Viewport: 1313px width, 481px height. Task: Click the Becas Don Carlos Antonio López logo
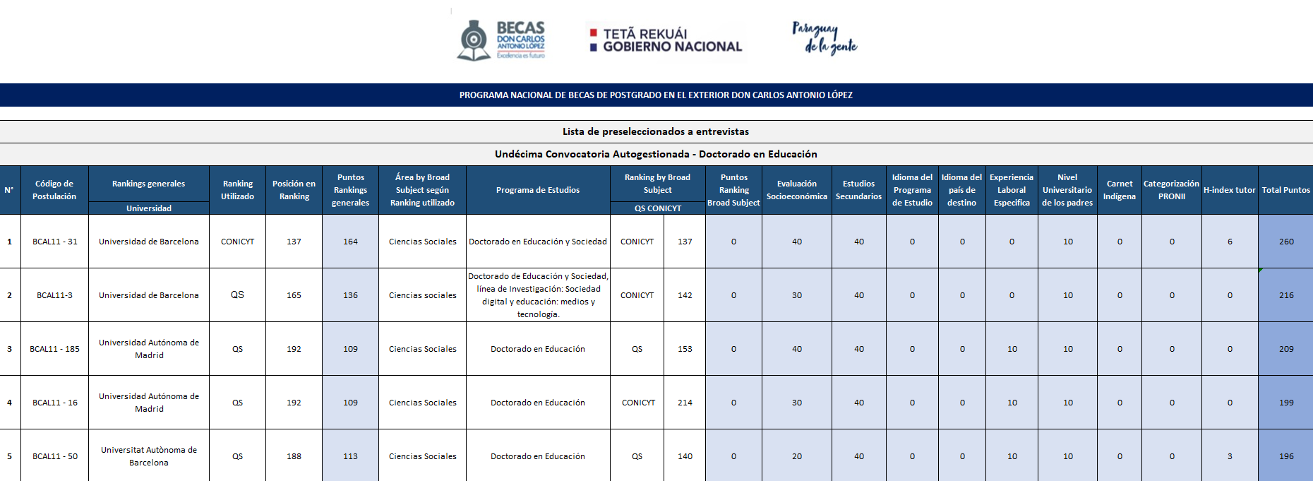click(501, 40)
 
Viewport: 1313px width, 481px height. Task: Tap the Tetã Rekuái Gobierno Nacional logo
click(665, 40)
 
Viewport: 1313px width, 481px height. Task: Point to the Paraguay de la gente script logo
click(824, 38)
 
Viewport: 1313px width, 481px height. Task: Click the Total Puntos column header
click(1285, 190)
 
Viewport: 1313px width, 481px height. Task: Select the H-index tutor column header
click(1229, 190)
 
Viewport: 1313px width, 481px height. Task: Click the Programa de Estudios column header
click(538, 190)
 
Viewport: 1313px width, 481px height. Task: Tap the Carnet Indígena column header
click(1120, 190)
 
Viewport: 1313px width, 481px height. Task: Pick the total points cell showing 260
click(1286, 242)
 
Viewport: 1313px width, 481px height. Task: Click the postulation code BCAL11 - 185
click(54, 349)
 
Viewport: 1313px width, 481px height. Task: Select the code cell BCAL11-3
click(54, 295)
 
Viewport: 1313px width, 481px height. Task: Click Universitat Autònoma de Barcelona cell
click(149, 456)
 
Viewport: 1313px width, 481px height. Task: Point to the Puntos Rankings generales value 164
click(350, 242)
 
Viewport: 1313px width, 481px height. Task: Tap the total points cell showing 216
click(1286, 295)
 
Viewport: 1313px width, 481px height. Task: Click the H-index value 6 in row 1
click(1230, 242)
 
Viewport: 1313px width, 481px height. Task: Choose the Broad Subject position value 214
click(685, 403)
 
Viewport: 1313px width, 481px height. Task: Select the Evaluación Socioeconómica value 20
click(797, 456)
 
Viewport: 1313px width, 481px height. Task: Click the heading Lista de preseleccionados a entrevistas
click(656, 131)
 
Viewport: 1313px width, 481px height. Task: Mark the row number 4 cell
click(10, 403)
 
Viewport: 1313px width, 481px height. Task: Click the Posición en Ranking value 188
click(294, 456)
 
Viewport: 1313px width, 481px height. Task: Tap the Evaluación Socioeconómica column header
click(797, 190)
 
